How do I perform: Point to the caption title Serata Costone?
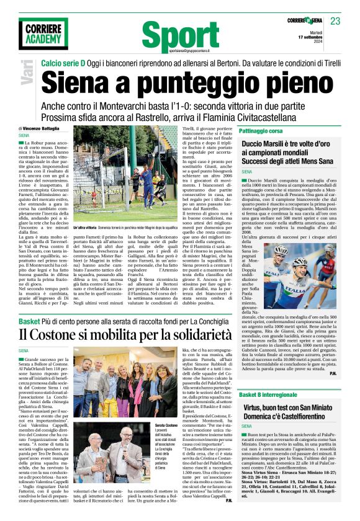pyautogui.click(x=166, y=425)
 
